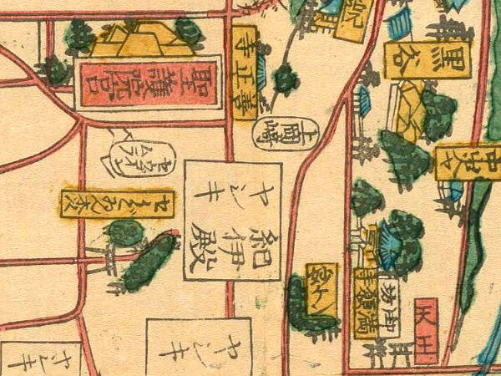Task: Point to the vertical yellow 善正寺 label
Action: [245, 70]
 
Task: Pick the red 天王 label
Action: [426, 331]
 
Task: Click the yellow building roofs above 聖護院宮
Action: [139, 40]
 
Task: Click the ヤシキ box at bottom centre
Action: [200, 347]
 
